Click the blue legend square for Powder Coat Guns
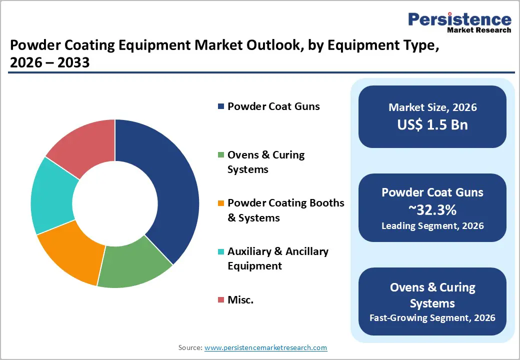coord(220,106)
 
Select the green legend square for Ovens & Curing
coord(220,155)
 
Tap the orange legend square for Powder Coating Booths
coord(220,203)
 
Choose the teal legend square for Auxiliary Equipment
coord(220,252)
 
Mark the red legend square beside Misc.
coord(220,300)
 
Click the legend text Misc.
coord(240,300)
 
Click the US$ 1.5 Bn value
coord(432,124)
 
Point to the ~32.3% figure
coord(432,209)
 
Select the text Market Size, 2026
coord(432,107)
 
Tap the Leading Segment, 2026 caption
coord(432,226)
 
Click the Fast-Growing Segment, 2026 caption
coord(432,318)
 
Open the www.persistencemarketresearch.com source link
coord(265,347)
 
